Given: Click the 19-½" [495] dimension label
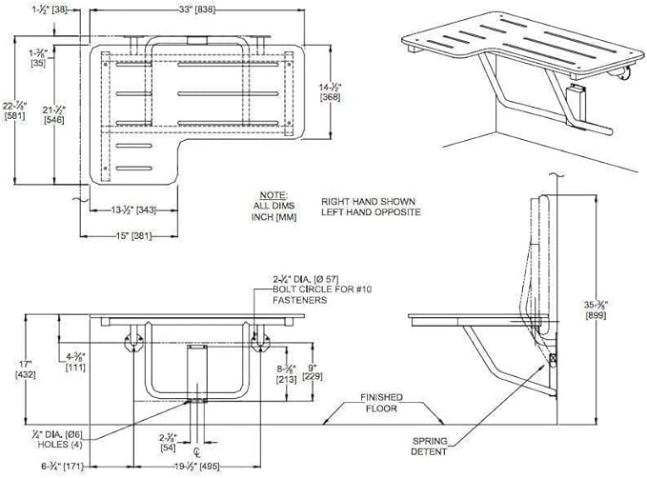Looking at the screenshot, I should pyautogui.click(x=193, y=466).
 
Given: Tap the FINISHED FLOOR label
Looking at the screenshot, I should pyautogui.click(x=381, y=402).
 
